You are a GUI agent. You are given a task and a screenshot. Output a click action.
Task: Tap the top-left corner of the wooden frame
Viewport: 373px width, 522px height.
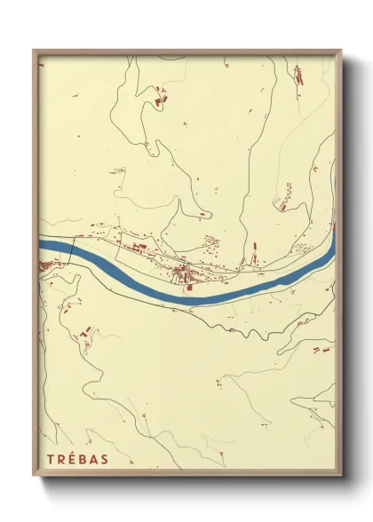[35, 51]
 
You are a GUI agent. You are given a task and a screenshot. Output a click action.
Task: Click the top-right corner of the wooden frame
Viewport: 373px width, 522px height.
[341, 51]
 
